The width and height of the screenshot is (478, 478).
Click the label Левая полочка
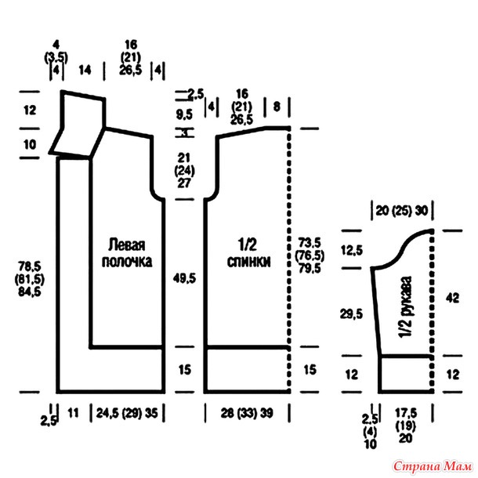[x=126, y=252]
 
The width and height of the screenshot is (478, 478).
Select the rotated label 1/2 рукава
[x=405, y=309]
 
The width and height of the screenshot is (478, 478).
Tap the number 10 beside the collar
[x=30, y=144]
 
